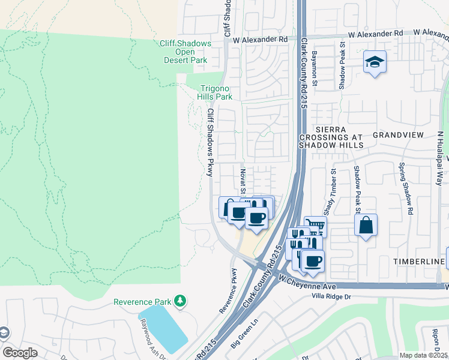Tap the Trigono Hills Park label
point(215,92)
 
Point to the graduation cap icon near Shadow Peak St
point(375,62)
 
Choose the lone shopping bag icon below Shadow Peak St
point(366,226)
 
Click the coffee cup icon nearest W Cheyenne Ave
point(312,260)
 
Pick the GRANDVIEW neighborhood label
point(397,135)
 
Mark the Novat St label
point(243,181)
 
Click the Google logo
point(20,352)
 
